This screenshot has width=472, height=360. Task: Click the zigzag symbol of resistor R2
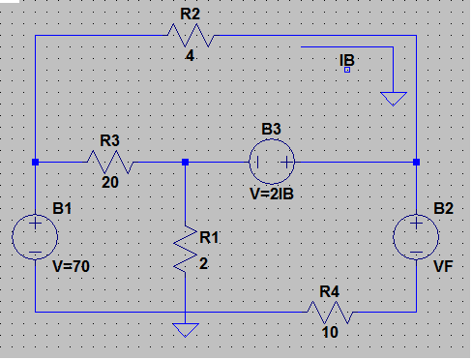[x=191, y=35]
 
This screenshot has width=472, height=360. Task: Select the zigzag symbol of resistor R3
[x=110, y=162]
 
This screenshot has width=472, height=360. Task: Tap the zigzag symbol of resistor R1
[x=186, y=249]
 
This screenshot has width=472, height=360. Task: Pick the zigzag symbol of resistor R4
[x=330, y=312]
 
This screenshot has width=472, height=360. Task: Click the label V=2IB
[x=272, y=194]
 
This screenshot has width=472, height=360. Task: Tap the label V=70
[x=71, y=266]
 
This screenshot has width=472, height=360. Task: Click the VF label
[x=443, y=266]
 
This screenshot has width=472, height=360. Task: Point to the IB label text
[x=347, y=60]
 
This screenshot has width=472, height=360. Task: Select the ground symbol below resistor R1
[x=186, y=330]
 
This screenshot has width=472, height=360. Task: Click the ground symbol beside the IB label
[x=394, y=99]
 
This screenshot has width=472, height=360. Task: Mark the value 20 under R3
[x=110, y=183]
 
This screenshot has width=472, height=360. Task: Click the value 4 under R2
[x=190, y=56]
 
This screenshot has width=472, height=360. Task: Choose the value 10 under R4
[x=330, y=332]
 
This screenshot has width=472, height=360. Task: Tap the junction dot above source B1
[x=35, y=162]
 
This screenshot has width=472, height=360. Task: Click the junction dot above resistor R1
[x=185, y=162]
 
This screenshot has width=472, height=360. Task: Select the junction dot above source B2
[x=416, y=162]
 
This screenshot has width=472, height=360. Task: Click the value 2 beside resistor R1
[x=203, y=264]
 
